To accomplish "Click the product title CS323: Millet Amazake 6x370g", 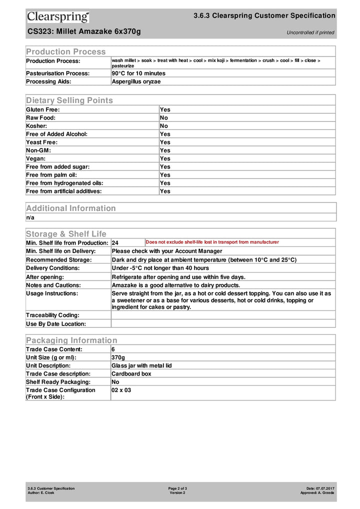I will coord(84,31).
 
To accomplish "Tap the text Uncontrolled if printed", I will coord(310,32).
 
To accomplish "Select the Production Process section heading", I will coord(66,51).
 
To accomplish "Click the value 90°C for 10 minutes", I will coord(138,73).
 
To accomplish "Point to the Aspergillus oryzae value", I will coord(136,81).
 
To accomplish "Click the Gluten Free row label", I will coord(43,109).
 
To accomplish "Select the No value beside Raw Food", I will coord(164,117).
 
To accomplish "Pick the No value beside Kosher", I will coord(164,126).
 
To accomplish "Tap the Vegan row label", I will coord(35,158).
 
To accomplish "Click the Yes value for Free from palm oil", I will coord(165,175).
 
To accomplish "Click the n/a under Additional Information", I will coord(30,217).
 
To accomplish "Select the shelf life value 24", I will coord(115,242).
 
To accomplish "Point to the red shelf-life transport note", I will coord(212,242).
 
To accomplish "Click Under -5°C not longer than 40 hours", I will coord(160,268).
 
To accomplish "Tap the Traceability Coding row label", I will coord(52,315).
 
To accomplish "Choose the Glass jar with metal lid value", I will coord(141,365).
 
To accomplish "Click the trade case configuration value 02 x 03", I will coord(121,390).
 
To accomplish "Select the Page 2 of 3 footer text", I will coord(177,488).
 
